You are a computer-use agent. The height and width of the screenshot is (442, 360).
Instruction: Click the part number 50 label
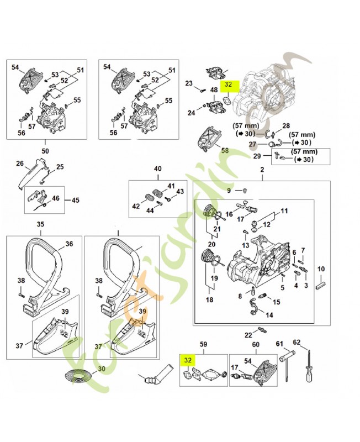pyautogui.click(x=46, y=150)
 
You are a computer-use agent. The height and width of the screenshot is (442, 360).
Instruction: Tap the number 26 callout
pyautogui.click(x=19, y=164)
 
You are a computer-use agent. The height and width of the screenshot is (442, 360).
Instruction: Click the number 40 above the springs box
pyautogui.click(x=158, y=169)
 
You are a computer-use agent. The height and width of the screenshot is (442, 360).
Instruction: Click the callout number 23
pyautogui.click(x=188, y=83)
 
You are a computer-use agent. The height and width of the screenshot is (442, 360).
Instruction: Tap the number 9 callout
pyautogui.click(x=229, y=191)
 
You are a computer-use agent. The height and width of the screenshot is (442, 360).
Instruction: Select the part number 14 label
pyautogui.click(x=269, y=315)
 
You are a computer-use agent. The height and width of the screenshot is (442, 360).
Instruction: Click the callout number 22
pyautogui.click(x=248, y=335)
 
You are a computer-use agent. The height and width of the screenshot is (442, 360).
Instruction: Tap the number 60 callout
pyautogui.click(x=256, y=345)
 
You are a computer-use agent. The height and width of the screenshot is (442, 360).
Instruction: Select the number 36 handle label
pyautogui.click(x=69, y=244)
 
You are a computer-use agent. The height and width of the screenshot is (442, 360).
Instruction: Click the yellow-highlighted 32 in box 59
pyautogui.click(x=187, y=360)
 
